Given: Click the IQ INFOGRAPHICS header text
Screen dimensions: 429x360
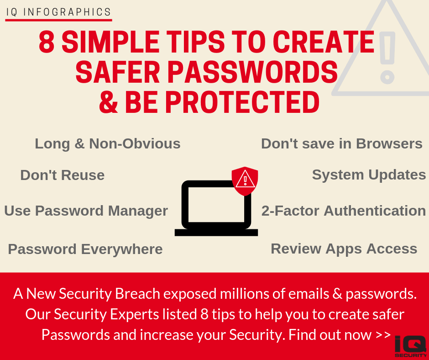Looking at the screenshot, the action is tap(58, 12).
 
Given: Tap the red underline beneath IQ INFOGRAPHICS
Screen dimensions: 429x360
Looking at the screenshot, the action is tap(58, 20).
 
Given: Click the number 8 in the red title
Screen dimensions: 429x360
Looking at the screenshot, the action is tap(47, 42).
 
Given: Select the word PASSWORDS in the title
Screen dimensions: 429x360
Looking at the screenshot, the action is tap(253, 72).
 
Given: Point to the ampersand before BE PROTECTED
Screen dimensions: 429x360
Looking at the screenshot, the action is tap(109, 102).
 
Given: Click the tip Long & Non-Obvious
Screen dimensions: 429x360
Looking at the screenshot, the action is tap(108, 144).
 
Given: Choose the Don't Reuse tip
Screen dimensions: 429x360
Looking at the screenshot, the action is tap(63, 175).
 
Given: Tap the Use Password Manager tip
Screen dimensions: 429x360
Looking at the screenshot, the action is tap(86, 211).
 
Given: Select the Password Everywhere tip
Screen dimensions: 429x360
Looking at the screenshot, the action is tap(85, 249).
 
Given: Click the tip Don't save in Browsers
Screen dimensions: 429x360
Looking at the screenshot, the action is tap(342, 143).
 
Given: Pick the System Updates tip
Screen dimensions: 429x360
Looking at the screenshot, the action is tap(369, 175).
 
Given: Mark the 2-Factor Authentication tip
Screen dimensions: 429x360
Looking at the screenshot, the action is tap(344, 211).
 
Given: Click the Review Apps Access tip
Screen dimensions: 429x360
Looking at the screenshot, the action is tap(344, 249).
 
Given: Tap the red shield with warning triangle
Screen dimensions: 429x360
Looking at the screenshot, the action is tap(245, 181).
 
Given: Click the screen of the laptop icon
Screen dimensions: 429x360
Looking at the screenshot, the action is tap(216, 204).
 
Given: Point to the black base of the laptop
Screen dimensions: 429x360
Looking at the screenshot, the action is tap(216, 233).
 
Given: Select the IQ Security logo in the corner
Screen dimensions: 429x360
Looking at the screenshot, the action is tap(411, 346).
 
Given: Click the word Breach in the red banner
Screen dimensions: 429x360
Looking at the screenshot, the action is tap(137, 294).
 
